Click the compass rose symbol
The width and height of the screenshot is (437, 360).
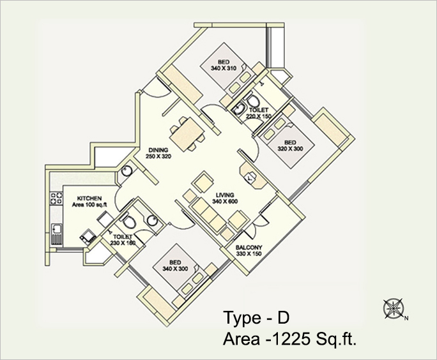coord(394,308)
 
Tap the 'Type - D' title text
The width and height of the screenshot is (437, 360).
coord(256,318)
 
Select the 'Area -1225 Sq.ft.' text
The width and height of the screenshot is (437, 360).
coord(289,339)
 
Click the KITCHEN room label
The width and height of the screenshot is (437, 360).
coord(89,202)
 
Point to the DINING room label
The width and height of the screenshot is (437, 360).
coord(158,153)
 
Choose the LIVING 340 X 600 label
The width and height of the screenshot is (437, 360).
coord(225,199)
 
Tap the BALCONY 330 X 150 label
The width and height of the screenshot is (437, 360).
coord(249,251)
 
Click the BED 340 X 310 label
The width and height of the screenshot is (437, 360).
coord(224,65)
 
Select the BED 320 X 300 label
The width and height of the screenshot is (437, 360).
coord(290,146)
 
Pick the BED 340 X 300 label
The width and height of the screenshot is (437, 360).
coord(175,266)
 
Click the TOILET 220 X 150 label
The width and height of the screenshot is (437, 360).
coord(258,114)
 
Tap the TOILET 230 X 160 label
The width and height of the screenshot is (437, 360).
coord(123,240)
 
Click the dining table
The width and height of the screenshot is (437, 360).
coord(187,134)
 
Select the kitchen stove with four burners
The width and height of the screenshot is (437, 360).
coord(56,198)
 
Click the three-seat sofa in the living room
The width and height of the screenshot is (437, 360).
coord(210,214)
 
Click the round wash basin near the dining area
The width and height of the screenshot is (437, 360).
coord(126,171)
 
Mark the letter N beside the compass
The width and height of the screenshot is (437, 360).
coord(406,319)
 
